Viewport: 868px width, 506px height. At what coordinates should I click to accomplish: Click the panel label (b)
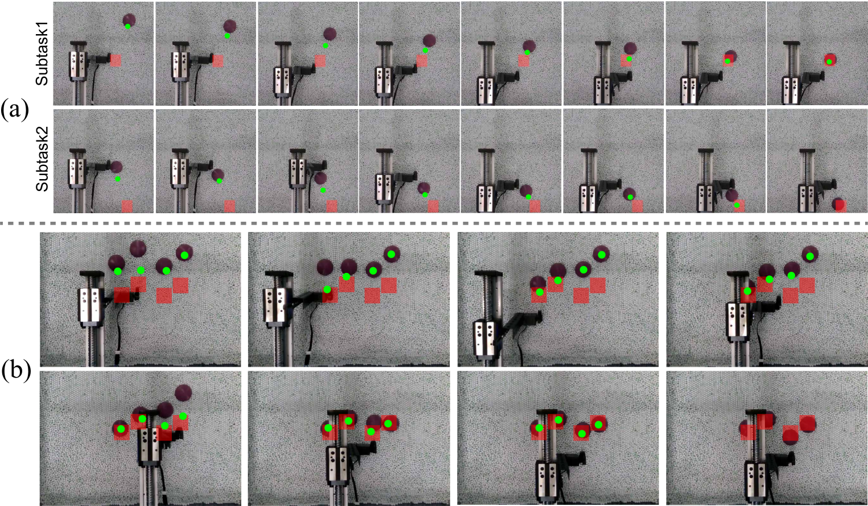point(15,371)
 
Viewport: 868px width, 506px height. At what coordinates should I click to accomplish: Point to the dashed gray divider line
point(434,223)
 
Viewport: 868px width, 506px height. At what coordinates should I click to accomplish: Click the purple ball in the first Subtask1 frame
point(129,20)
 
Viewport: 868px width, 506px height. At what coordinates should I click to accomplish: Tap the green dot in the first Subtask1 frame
point(128,26)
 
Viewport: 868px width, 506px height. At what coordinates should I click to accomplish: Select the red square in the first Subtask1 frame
point(115,60)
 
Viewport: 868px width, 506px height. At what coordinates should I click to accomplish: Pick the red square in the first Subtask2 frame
point(127,206)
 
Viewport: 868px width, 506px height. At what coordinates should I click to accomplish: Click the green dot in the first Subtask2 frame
point(118,179)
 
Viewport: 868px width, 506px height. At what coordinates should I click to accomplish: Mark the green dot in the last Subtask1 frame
point(829,61)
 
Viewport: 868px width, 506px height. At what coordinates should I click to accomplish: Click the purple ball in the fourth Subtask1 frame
point(429,40)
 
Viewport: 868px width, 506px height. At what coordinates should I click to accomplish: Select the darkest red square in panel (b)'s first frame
point(122,295)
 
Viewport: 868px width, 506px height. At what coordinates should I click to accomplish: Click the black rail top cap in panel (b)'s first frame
point(92,273)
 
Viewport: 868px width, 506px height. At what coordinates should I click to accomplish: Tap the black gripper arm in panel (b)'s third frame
point(523,318)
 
